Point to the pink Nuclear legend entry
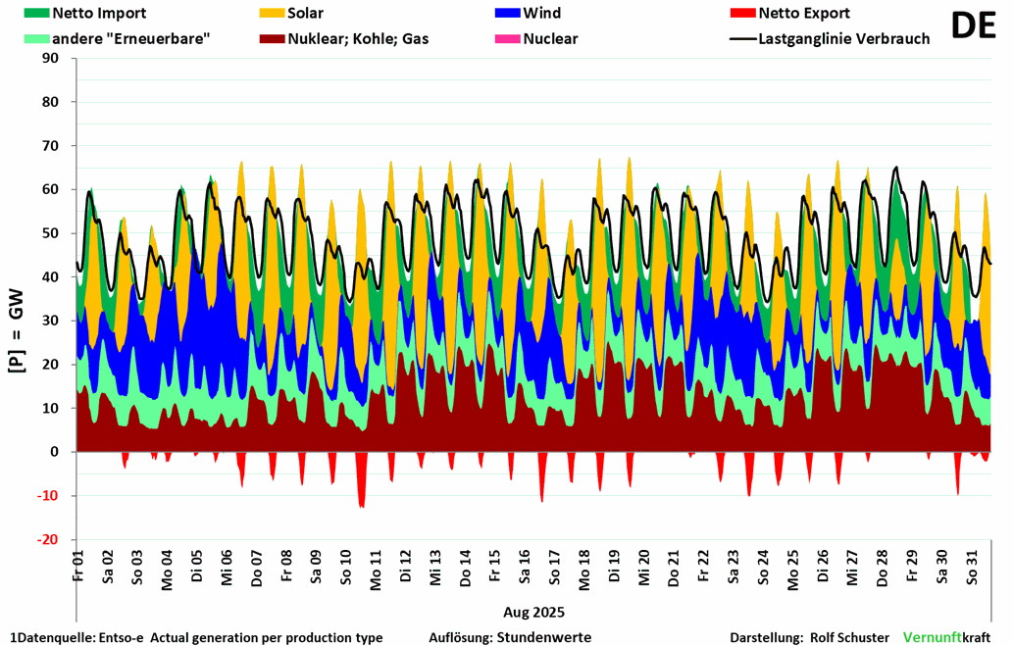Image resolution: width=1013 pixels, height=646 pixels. point(550,39)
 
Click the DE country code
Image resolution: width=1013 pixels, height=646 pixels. point(973,26)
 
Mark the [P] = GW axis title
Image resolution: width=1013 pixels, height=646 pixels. point(17,299)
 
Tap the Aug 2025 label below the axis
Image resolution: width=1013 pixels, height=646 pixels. point(533,613)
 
